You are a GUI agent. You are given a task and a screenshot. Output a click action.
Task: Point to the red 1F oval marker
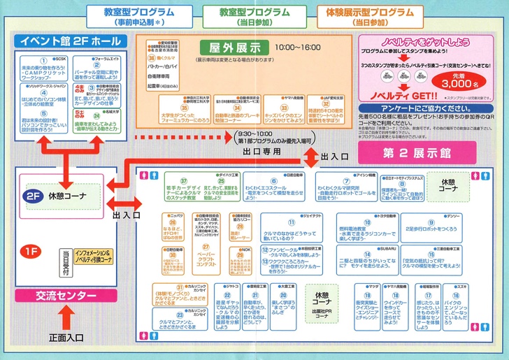[x=31, y=250]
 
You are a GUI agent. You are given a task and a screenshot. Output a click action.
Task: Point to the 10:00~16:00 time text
[x=298, y=48]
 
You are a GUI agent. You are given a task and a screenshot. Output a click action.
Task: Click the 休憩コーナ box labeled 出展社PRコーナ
[x=322, y=308]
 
